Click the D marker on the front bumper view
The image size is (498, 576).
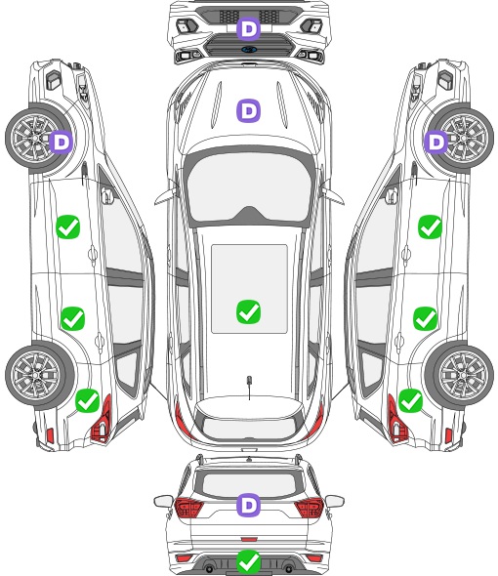point(248,28)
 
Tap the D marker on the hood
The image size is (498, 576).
point(248,110)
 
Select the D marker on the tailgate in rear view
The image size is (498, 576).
point(248,505)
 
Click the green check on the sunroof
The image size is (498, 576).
point(248,311)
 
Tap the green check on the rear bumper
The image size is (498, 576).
point(248,561)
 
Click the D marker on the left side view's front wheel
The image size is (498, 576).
point(61,142)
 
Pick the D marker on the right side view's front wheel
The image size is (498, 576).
point(436,142)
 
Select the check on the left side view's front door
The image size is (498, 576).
point(68,227)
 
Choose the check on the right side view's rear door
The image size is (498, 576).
point(425,318)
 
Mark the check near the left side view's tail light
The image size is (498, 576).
point(87,400)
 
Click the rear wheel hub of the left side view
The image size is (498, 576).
point(36,375)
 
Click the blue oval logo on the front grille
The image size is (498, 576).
point(249,49)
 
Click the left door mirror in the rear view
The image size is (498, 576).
point(163,501)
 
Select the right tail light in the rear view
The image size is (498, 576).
point(310,507)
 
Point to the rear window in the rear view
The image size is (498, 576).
point(250,484)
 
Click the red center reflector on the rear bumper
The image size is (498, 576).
point(249,539)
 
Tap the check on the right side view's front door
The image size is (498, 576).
point(430,227)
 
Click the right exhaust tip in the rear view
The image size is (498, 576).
point(289,569)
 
